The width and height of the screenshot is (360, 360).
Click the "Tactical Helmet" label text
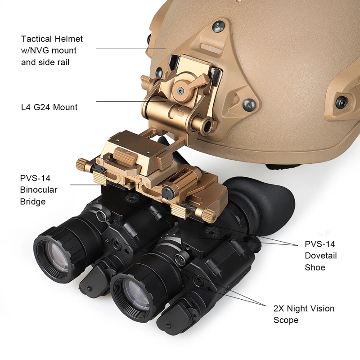click(x=52, y=39)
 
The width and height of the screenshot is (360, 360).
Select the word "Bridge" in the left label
click(x=33, y=202)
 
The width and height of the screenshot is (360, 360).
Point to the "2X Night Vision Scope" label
click(x=304, y=314)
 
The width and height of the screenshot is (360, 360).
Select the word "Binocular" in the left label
click(x=39, y=190)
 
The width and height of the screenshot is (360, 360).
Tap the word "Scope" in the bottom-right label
click(x=286, y=320)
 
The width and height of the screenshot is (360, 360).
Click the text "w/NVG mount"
click(x=49, y=50)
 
